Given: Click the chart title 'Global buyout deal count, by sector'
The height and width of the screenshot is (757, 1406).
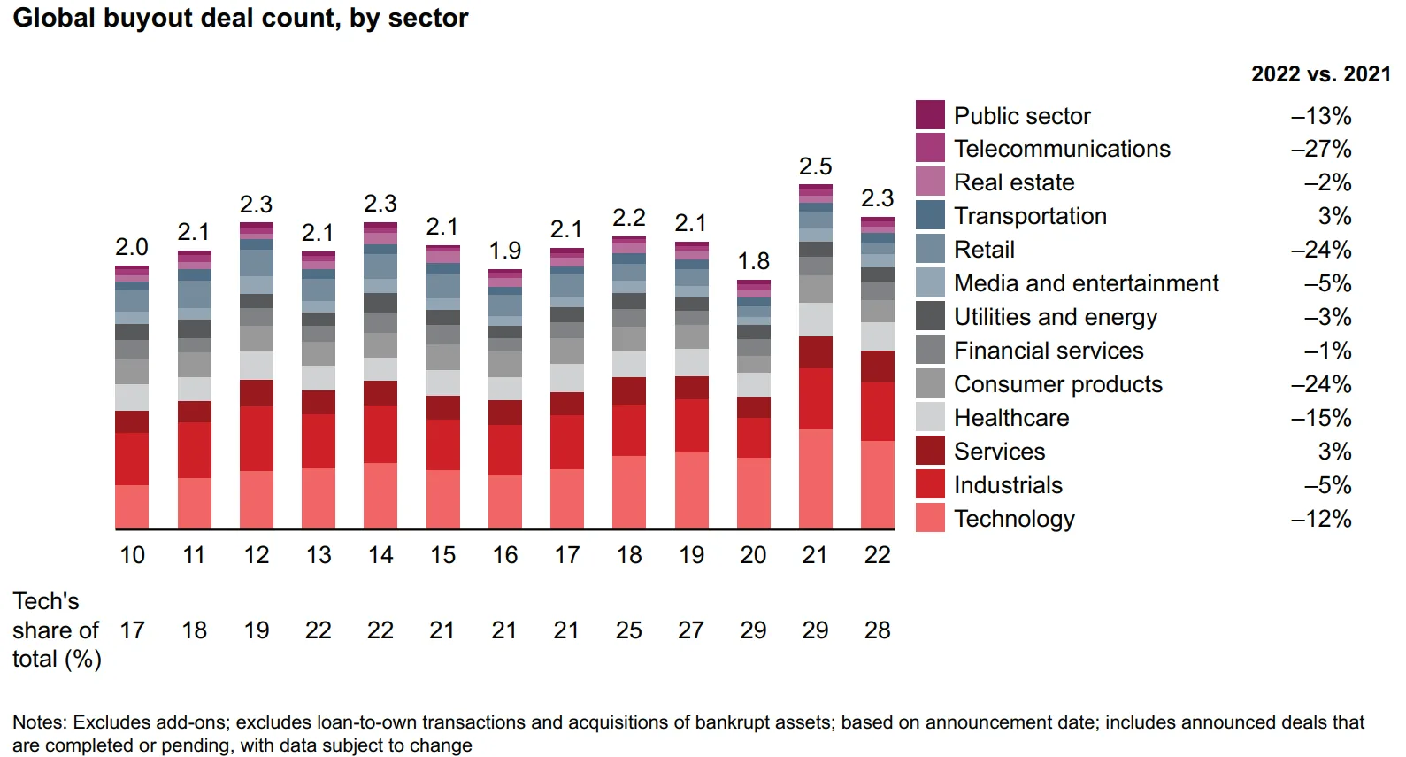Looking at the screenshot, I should coord(240,18).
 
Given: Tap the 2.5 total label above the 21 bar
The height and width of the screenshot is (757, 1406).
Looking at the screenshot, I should coord(815,166).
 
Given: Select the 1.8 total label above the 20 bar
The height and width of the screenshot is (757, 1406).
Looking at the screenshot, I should coord(753,261).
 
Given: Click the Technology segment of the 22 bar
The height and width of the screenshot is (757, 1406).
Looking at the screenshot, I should coord(877,484).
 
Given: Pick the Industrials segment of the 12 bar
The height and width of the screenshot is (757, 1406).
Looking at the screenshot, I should coord(256,438).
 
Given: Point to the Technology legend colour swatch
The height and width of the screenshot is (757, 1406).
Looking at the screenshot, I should coord(930,518).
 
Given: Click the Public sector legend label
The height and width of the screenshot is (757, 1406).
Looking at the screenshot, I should coord(1022,116).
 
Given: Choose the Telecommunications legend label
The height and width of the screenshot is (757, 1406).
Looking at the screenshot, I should coord(1062,149).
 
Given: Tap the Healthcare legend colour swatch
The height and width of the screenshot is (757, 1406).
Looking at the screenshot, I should coord(930,417).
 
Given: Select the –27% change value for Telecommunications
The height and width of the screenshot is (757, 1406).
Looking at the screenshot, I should coord(1321,149).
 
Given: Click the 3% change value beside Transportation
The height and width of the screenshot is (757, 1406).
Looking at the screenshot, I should coord(1334,216).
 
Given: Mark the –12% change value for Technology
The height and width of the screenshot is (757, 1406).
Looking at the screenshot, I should coord(1321,519).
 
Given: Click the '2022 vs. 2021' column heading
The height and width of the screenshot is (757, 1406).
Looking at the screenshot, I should coord(1320,74).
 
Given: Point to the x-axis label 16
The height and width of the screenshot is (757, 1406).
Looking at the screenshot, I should coord(504,555).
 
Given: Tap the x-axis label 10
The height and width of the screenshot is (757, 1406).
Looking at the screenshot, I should coord(132,555).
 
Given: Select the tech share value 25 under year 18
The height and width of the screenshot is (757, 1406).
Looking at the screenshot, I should coord(628,630).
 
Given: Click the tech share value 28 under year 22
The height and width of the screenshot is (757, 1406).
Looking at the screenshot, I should coord(877,630).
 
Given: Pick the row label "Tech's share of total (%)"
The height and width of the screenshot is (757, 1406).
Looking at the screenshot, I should coord(56,630).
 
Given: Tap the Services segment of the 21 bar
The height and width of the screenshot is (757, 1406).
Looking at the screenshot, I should coord(815,352).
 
